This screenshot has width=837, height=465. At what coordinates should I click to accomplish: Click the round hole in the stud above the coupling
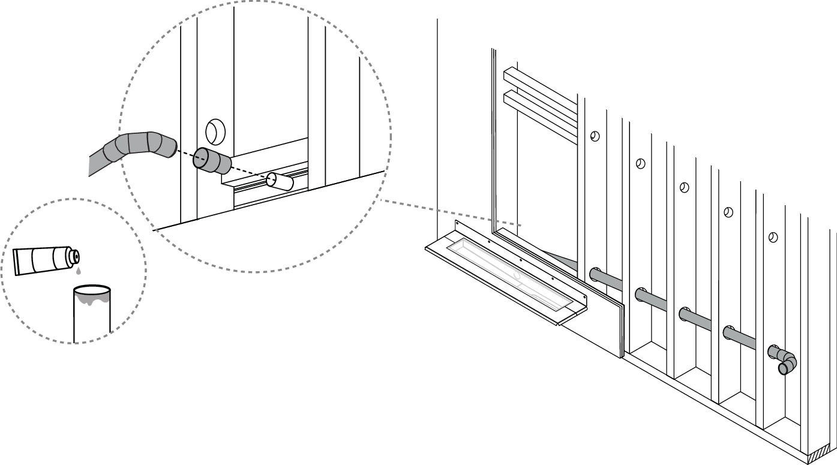(214, 130)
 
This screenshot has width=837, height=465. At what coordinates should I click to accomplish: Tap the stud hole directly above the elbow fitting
(773, 237)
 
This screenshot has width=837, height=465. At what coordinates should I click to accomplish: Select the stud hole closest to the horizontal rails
(594, 136)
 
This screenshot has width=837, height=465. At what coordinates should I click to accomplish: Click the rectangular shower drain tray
(507, 273)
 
